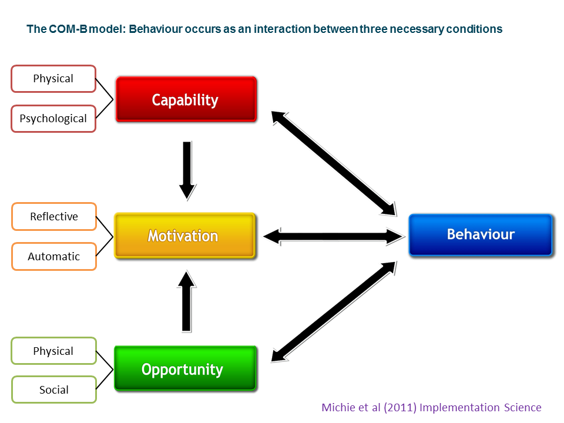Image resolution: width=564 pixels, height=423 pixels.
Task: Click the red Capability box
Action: coord(186,99)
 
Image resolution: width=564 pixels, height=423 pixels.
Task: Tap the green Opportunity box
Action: coord(185,368)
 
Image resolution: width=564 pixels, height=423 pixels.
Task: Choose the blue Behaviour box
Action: coord(481,234)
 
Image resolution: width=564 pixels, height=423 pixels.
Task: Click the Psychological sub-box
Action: coord(53,119)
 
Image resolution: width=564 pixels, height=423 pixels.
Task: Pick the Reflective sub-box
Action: coord(54,217)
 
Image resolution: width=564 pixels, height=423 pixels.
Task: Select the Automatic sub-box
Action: coord(54,257)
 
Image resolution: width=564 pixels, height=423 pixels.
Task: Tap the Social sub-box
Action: coord(54,390)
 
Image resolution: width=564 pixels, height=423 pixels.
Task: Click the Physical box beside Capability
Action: coord(53,79)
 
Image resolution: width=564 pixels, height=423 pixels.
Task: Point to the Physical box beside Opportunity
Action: coord(54,351)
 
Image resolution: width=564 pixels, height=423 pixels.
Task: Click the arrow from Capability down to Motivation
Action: coord(187,171)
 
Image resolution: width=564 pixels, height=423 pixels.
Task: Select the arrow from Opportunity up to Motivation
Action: coord(186,301)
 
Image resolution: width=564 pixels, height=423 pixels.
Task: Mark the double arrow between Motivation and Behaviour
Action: coord(334,237)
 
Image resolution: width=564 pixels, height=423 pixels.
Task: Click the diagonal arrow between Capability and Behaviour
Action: coord(334,164)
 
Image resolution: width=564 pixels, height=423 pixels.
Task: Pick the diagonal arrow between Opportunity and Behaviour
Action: coord(334,311)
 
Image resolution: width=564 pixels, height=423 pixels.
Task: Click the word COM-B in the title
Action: coord(68,29)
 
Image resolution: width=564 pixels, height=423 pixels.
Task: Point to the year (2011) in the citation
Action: coord(400,407)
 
